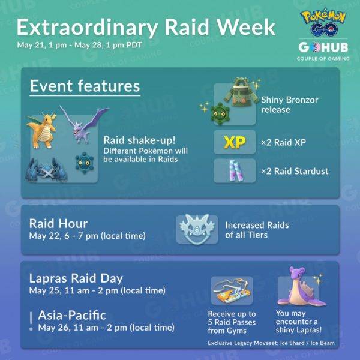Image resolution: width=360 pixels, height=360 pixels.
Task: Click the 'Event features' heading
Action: [85, 86]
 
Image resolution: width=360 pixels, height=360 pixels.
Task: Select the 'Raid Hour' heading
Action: [58, 223]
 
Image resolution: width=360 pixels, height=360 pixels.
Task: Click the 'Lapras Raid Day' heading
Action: [76, 278]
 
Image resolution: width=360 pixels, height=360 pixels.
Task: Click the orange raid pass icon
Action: [231, 291]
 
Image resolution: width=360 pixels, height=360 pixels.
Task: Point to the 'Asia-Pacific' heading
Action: [72, 315]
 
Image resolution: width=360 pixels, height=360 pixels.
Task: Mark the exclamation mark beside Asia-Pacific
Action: [31, 320]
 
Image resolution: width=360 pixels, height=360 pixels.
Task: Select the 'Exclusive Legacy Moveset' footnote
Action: [271, 343]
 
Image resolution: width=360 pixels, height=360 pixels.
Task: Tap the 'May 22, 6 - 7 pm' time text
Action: [87, 236]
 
